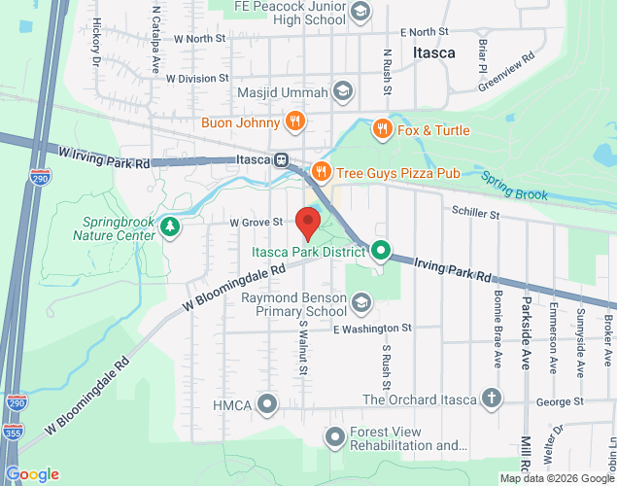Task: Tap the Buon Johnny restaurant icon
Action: [296, 121]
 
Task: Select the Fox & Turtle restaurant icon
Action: [383, 129]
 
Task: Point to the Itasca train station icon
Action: [280, 160]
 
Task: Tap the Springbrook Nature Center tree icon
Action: [171, 226]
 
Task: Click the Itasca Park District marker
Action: [381, 251]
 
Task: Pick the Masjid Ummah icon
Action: [342, 92]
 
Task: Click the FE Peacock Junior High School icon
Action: [360, 11]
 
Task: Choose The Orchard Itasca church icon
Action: [492, 399]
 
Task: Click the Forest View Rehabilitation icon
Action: [335, 437]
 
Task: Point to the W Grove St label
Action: [256, 223]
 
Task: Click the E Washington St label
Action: [372, 329]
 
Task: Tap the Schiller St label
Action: [475, 213]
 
